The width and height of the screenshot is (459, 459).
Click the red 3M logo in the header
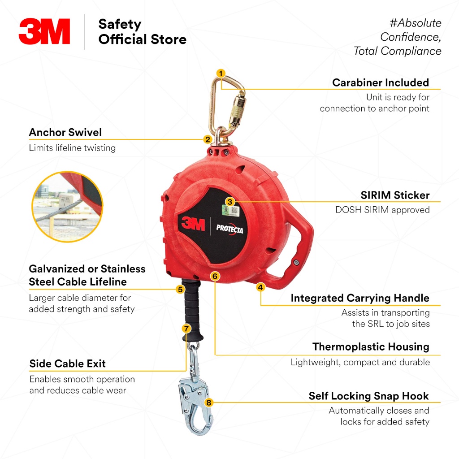(44, 31)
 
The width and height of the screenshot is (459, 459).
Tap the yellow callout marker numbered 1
(221, 73)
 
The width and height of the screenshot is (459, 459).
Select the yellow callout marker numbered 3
(229, 202)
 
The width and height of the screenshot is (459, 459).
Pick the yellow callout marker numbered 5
(180, 289)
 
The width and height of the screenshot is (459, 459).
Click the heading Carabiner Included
(381, 82)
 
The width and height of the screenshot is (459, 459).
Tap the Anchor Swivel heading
(65, 132)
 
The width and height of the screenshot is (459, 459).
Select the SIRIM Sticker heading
(395, 195)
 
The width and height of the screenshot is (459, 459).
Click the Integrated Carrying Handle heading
(360, 298)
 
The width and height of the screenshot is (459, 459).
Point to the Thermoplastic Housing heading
(371, 346)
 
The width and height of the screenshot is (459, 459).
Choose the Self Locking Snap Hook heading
(368, 396)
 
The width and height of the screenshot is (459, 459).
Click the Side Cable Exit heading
(68, 364)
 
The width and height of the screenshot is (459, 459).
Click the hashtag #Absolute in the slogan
(413, 23)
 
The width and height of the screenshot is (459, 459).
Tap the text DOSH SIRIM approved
(382, 209)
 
